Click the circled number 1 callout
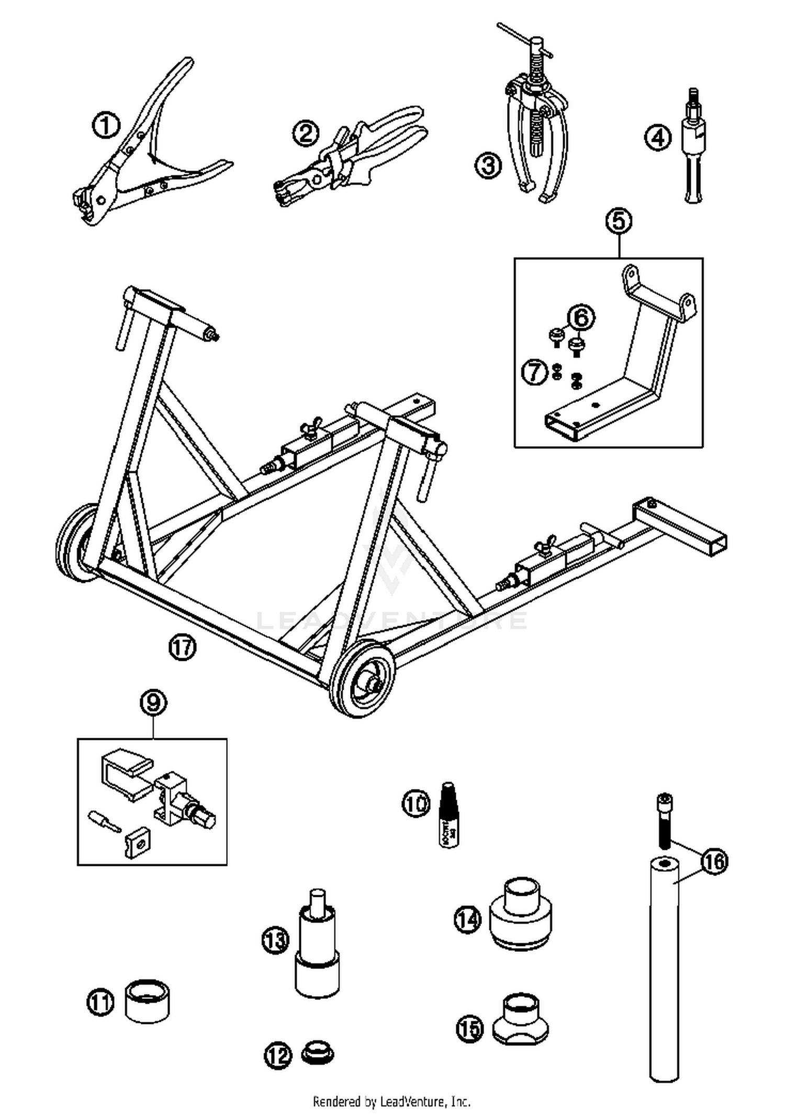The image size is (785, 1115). click(x=106, y=126)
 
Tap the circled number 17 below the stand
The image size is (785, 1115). click(x=182, y=647)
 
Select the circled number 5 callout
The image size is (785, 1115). click(x=619, y=221)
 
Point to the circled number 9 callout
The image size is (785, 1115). click(x=153, y=703)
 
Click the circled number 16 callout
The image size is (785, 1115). click(x=714, y=861)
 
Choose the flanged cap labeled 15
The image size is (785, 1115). click(x=520, y=1018)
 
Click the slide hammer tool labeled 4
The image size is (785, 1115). click(x=693, y=147)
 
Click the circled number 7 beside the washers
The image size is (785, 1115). click(x=534, y=373)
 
